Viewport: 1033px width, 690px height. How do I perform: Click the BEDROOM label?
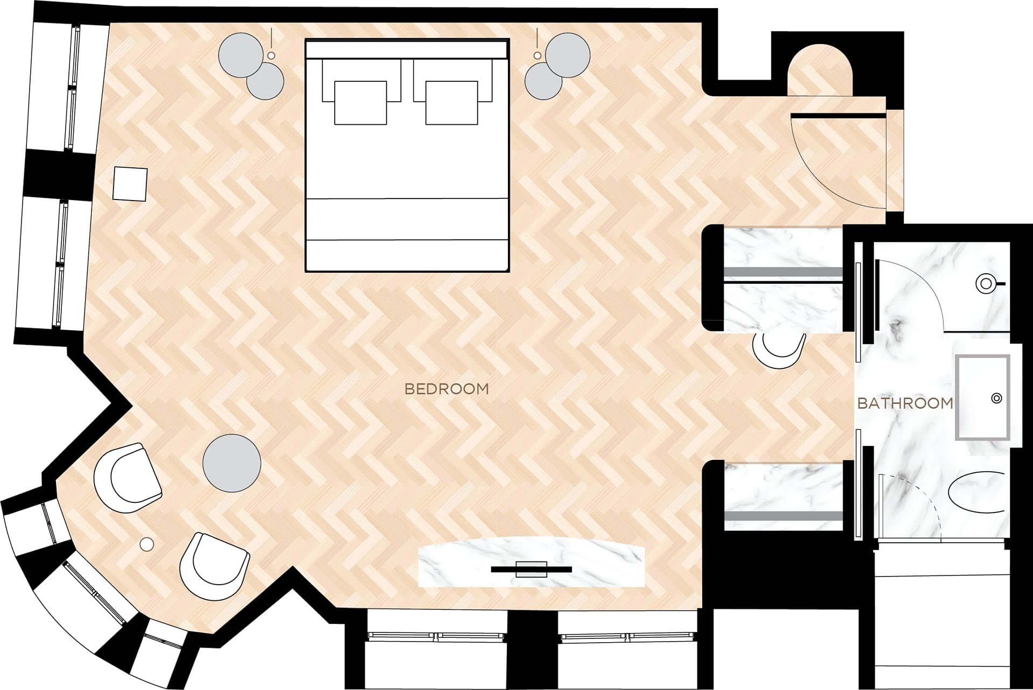click(x=447, y=389)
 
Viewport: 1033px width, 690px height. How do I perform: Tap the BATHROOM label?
click(x=905, y=403)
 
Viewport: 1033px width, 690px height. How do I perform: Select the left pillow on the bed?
click(x=360, y=103)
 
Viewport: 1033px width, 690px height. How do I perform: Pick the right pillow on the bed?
click(x=451, y=103)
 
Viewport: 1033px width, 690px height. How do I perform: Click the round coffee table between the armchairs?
click(x=232, y=463)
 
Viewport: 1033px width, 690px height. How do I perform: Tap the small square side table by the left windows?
click(x=131, y=184)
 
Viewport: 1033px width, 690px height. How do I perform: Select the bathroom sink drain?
click(x=996, y=398)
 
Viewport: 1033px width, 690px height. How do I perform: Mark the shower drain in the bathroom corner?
click(x=986, y=283)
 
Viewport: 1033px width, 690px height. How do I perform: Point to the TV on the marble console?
click(x=532, y=568)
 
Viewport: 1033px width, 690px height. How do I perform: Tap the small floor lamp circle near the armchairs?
click(x=146, y=544)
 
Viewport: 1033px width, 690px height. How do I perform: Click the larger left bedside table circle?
click(x=241, y=54)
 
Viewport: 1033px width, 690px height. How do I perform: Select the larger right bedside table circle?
click(x=568, y=54)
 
